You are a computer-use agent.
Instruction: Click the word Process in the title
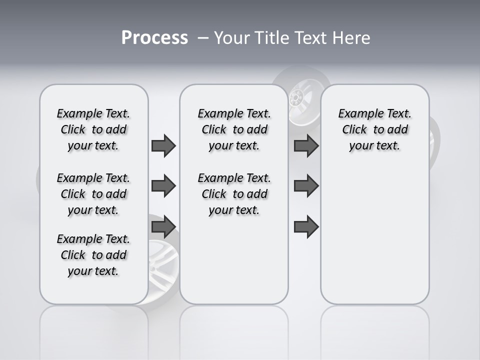(x=154, y=38)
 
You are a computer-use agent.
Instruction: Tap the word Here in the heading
(x=350, y=38)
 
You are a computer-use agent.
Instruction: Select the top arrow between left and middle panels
(x=163, y=145)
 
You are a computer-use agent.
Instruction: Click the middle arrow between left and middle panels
(x=163, y=186)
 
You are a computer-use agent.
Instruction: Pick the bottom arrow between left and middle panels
(x=163, y=227)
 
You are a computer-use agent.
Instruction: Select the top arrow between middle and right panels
(x=306, y=145)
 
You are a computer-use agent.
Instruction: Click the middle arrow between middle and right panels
(x=306, y=186)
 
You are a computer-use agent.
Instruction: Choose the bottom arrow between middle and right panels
(x=306, y=227)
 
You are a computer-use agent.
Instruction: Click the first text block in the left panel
(x=93, y=129)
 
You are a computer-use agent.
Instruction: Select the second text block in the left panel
(x=93, y=194)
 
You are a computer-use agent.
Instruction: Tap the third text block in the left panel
(x=93, y=255)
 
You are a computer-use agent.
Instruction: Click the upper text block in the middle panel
(x=234, y=129)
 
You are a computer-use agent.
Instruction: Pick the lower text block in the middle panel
(x=234, y=194)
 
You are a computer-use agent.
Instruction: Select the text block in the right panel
(x=374, y=129)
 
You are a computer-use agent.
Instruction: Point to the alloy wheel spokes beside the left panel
(x=162, y=260)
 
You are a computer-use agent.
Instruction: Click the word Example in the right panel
(x=357, y=114)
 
